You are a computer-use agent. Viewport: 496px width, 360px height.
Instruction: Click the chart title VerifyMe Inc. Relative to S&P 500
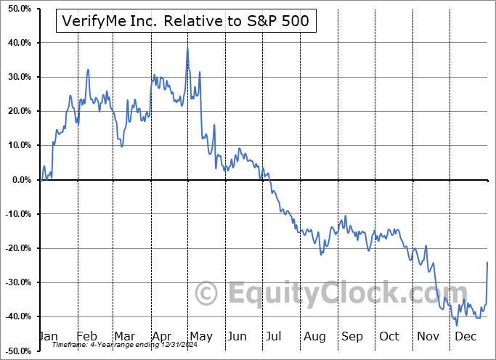coord(184,21)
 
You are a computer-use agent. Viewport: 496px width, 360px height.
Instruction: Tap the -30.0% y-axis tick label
coord(16,282)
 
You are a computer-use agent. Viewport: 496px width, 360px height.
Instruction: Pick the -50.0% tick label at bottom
coord(16,351)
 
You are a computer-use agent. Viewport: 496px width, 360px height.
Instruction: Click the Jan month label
coord(47,337)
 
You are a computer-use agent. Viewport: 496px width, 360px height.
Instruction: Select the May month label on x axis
coord(201,337)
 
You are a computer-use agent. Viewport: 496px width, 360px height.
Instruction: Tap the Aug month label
coord(314,337)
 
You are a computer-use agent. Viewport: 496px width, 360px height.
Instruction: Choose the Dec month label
coord(465,337)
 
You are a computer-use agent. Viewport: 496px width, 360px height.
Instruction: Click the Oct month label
coord(389,337)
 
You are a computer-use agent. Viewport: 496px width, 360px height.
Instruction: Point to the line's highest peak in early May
coord(187,49)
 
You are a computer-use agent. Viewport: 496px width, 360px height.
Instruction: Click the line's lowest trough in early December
coord(456,324)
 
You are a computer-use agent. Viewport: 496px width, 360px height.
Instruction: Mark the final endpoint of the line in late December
coord(487,262)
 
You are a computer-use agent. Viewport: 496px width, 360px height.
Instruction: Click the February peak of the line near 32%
coord(88,70)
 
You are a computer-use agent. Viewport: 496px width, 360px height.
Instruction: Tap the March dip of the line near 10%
coord(121,147)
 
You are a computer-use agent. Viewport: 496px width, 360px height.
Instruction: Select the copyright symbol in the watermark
coord(207,294)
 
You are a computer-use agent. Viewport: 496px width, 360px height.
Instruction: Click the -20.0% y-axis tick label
coord(16,248)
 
